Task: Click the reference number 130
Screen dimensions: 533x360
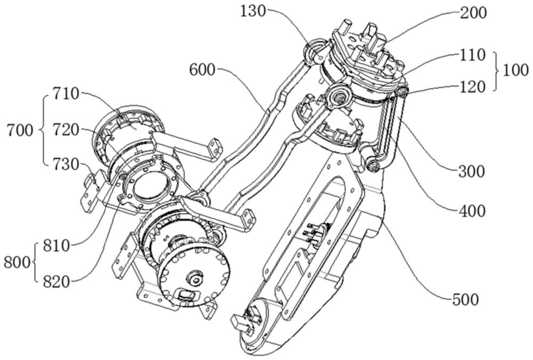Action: coord(253,11)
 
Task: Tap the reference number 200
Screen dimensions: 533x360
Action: coord(473,13)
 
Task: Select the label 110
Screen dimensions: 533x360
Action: coord(472,55)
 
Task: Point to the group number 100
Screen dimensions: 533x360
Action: coord(515,71)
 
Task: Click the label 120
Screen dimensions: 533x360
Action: coord(472,87)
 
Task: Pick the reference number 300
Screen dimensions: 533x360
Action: coord(472,172)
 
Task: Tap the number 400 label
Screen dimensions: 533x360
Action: coord(472,211)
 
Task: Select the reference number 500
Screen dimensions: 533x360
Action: coord(465,300)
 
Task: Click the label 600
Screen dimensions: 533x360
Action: coord(202,70)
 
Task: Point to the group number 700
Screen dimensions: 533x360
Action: coord(20,130)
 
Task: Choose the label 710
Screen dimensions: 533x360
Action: coord(66,94)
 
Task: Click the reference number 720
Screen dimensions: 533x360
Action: coord(66,130)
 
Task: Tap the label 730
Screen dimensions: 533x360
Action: coord(66,165)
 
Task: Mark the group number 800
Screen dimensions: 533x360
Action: coord(17,263)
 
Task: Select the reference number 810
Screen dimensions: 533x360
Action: coord(56,246)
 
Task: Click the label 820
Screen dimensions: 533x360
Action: coord(56,281)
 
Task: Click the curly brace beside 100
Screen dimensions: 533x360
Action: coord(497,71)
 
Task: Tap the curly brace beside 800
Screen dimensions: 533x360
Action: coord(35,262)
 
